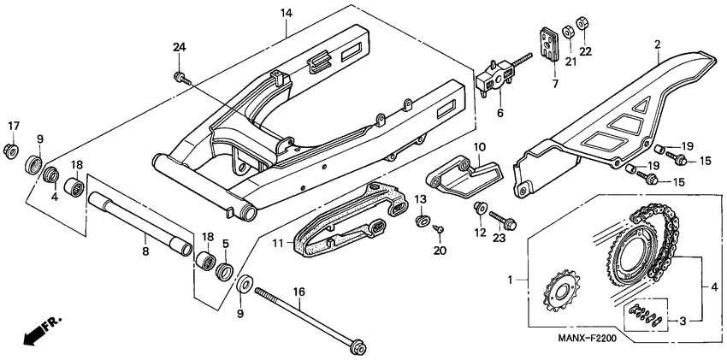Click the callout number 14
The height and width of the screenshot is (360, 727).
coord(286,14)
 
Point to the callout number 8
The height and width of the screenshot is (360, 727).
coord(145,251)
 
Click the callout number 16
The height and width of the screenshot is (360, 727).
coord(299,292)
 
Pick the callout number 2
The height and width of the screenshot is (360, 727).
coord(657,44)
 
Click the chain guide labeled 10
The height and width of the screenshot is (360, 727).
coord(462,174)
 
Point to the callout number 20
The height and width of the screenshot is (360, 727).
coord(440,251)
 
